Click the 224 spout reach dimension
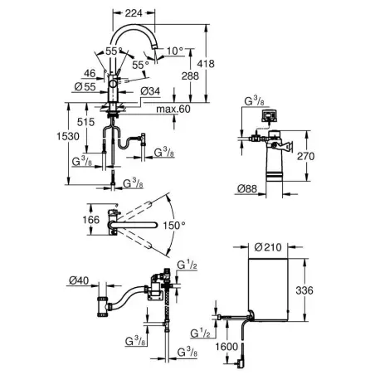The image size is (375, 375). click(134, 12)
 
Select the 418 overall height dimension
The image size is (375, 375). click(206, 64)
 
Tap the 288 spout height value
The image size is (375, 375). click(190, 75)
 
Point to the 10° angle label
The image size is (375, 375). click(175, 51)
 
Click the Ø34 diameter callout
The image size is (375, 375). click(150, 91)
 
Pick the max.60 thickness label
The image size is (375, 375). click(173, 109)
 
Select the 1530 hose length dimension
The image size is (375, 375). click(68, 136)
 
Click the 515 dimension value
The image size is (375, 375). click(85, 122)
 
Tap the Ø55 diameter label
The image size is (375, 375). click(85, 87)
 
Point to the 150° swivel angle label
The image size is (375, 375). click(173, 226)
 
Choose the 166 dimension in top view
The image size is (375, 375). click(91, 220)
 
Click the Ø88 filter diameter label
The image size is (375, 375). click(247, 189)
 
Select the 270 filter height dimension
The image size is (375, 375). click(305, 156)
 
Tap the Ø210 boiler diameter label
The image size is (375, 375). click(268, 247)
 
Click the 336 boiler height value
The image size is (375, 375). click(304, 290)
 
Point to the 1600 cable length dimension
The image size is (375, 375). click(226, 346)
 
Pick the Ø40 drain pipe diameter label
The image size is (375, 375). click(79, 280)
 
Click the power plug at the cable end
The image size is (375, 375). click(240, 363)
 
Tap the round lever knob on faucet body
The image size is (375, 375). click(113, 84)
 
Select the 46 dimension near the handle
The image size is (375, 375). click(90, 73)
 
